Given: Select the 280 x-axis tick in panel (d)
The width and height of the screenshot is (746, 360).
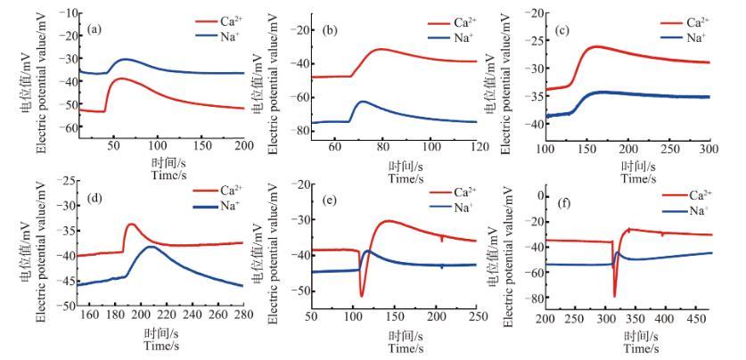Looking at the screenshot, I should click(243, 314).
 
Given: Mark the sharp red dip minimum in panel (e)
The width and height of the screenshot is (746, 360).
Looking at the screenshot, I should click(362, 295).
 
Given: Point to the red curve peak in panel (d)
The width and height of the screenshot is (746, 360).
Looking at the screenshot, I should click(131, 224).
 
